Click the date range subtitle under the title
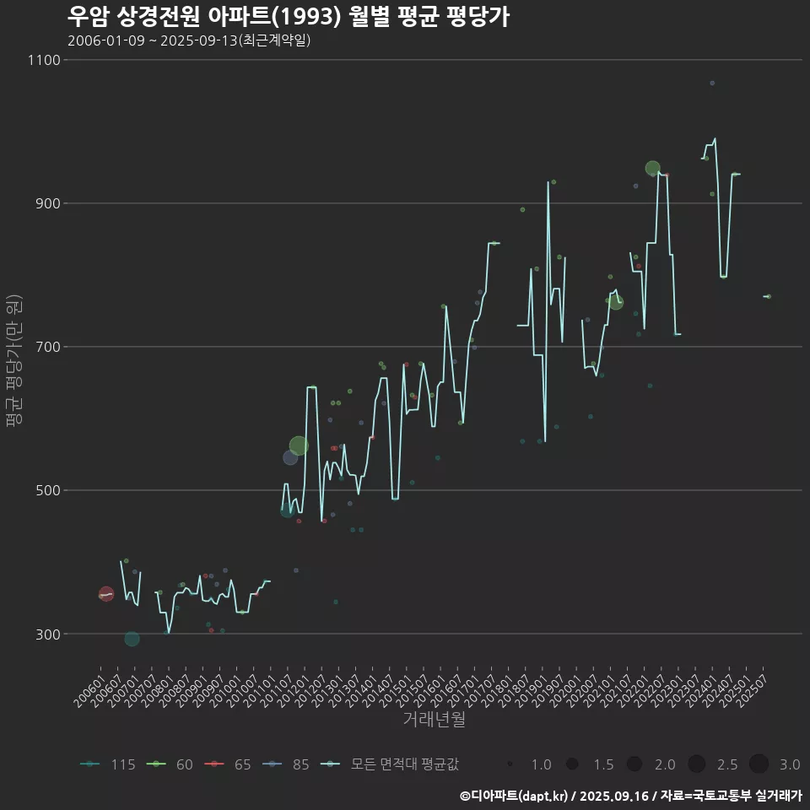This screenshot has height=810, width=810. coord(189,40)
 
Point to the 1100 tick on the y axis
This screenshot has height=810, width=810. coord(44,60)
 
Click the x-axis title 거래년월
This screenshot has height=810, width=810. coord(434,720)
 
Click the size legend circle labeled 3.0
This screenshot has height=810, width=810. coord(759,764)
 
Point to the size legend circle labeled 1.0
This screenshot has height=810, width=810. coord(510,764)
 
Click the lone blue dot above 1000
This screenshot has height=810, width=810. coord(712,83)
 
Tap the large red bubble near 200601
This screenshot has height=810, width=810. coord(105,594)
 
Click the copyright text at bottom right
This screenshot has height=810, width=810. coord(630,795)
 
